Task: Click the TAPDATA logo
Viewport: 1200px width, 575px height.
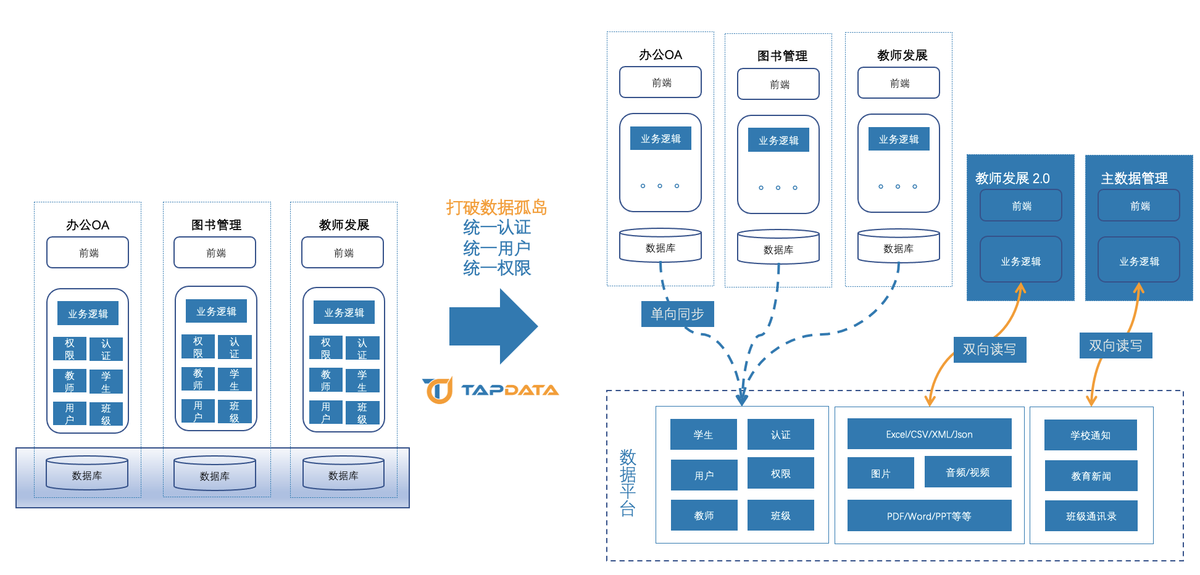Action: pyautogui.click(x=491, y=390)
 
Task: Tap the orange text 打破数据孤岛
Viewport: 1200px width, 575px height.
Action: pyautogui.click(x=496, y=207)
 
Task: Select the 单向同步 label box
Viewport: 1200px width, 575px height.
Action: pyautogui.click(x=677, y=314)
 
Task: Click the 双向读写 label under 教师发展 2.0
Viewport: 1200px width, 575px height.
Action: pyautogui.click(x=989, y=349)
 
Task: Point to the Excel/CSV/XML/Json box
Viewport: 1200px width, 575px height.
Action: pyautogui.click(x=929, y=434)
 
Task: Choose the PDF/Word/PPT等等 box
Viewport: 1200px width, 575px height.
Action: pyautogui.click(x=929, y=516)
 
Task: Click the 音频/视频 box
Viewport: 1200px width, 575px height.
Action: pyautogui.click(x=967, y=472)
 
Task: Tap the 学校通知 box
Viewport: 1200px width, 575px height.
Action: pyautogui.click(x=1090, y=435)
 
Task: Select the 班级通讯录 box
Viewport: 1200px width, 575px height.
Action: pyautogui.click(x=1091, y=516)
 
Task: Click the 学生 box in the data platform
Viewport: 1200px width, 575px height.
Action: pyautogui.click(x=703, y=434)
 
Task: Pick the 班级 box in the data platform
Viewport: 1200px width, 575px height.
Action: pyautogui.click(x=780, y=515)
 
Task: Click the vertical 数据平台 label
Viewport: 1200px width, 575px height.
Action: pyautogui.click(x=628, y=482)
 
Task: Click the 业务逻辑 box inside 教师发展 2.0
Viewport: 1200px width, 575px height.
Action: pyautogui.click(x=1020, y=261)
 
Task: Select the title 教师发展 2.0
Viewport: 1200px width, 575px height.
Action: pyautogui.click(x=1012, y=178)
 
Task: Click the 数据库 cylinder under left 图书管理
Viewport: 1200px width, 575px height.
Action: pyautogui.click(x=215, y=474)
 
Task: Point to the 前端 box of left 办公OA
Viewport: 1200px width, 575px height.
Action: pyautogui.click(x=88, y=252)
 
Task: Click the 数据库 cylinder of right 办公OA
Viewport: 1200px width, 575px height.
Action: pyautogui.click(x=660, y=246)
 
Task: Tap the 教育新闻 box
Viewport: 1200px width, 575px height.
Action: pyautogui.click(x=1091, y=476)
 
